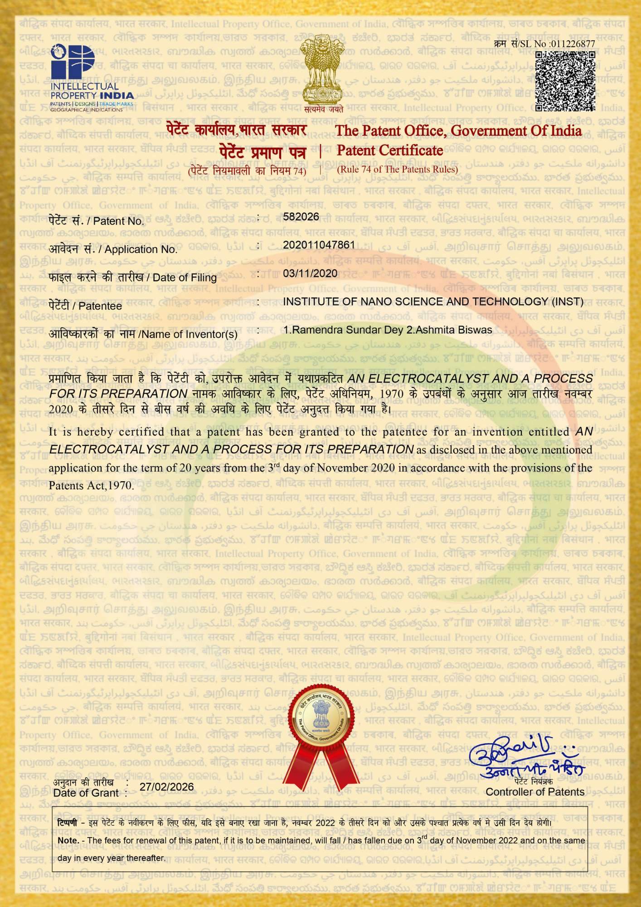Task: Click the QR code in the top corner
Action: pyautogui.click(x=565, y=81)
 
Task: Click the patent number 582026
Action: pyautogui.click(x=301, y=217)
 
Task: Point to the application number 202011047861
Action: pyautogui.click(x=319, y=245)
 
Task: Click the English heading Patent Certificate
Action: pyautogui.click(x=390, y=151)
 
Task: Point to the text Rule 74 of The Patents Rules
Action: pyautogui.click(x=397, y=170)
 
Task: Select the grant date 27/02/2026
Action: pyautogui.click(x=167, y=786)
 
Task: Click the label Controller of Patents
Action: pyautogui.click(x=535, y=792)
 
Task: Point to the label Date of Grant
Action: pyautogui.click(x=86, y=793)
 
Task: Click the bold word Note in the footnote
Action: pyautogui.click(x=68, y=840)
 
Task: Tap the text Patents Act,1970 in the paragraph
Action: pyautogui.click(x=91, y=486)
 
